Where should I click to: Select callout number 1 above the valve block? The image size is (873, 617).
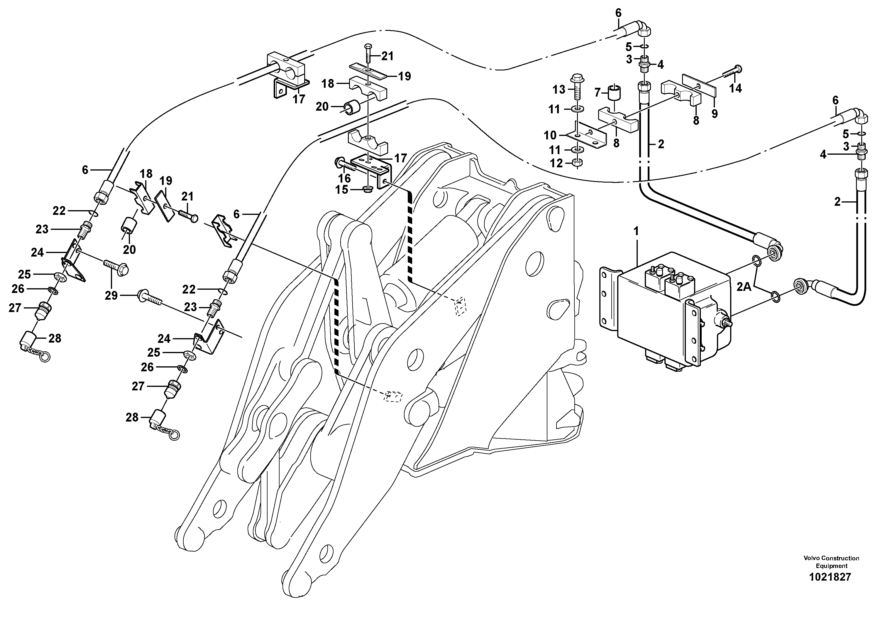pyautogui.click(x=636, y=231)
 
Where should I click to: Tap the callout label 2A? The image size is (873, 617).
pyautogui.click(x=744, y=287)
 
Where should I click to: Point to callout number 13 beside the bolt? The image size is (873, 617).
pyautogui.click(x=559, y=90)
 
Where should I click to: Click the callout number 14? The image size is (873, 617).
pyautogui.click(x=735, y=89)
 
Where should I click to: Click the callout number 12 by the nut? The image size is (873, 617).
pyautogui.click(x=556, y=163)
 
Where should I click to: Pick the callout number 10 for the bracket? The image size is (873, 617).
pyautogui.click(x=550, y=135)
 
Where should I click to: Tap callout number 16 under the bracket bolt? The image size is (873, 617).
pyautogui.click(x=344, y=178)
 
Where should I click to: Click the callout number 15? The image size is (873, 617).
pyautogui.click(x=341, y=189)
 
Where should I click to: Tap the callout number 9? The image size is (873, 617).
pyautogui.click(x=714, y=113)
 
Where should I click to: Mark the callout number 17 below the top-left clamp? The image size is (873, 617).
pyautogui.click(x=299, y=99)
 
